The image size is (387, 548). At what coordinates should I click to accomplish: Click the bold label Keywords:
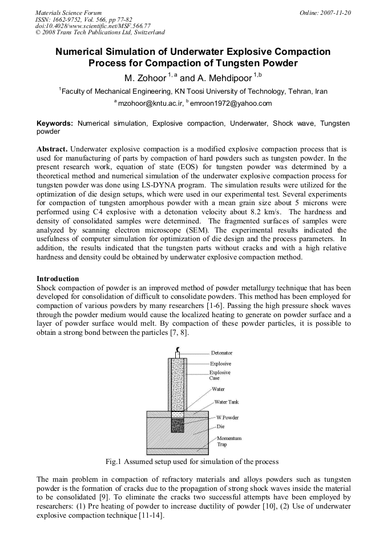(x=55, y=123)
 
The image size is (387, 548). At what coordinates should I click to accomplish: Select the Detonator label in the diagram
(x=222, y=353)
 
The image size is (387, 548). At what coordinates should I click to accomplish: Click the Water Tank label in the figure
(x=227, y=402)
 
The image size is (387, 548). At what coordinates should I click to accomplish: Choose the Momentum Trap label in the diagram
(x=229, y=441)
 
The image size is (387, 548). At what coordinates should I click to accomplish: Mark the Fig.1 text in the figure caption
(x=116, y=461)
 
